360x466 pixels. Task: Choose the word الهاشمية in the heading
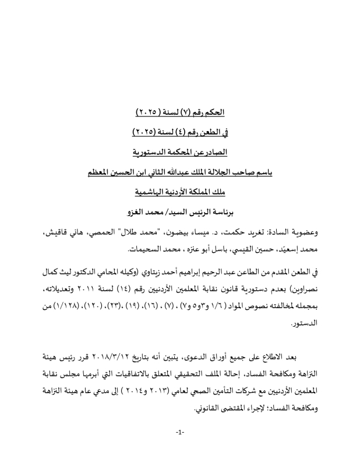(x=150, y=192)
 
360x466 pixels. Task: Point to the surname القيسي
(x=227, y=249)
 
